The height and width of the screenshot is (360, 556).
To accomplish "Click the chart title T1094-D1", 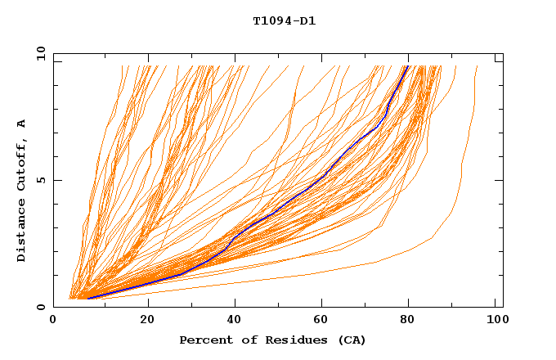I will click(284, 21).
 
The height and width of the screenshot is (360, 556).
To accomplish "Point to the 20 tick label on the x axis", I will click(148, 321).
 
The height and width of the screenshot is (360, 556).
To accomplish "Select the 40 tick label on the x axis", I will click(236, 321).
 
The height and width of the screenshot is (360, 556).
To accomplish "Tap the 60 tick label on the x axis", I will click(325, 321).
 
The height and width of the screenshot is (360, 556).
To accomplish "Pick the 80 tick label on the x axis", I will click(414, 321).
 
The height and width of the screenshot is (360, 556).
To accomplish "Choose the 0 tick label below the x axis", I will click(54, 321).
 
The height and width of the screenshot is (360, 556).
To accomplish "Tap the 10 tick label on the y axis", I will click(38, 53).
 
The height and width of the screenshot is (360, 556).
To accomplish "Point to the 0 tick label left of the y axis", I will click(41, 307).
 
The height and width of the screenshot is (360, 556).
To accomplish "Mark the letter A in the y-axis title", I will click(21, 124).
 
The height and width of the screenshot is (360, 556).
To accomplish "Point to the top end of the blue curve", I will click(406, 66).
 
